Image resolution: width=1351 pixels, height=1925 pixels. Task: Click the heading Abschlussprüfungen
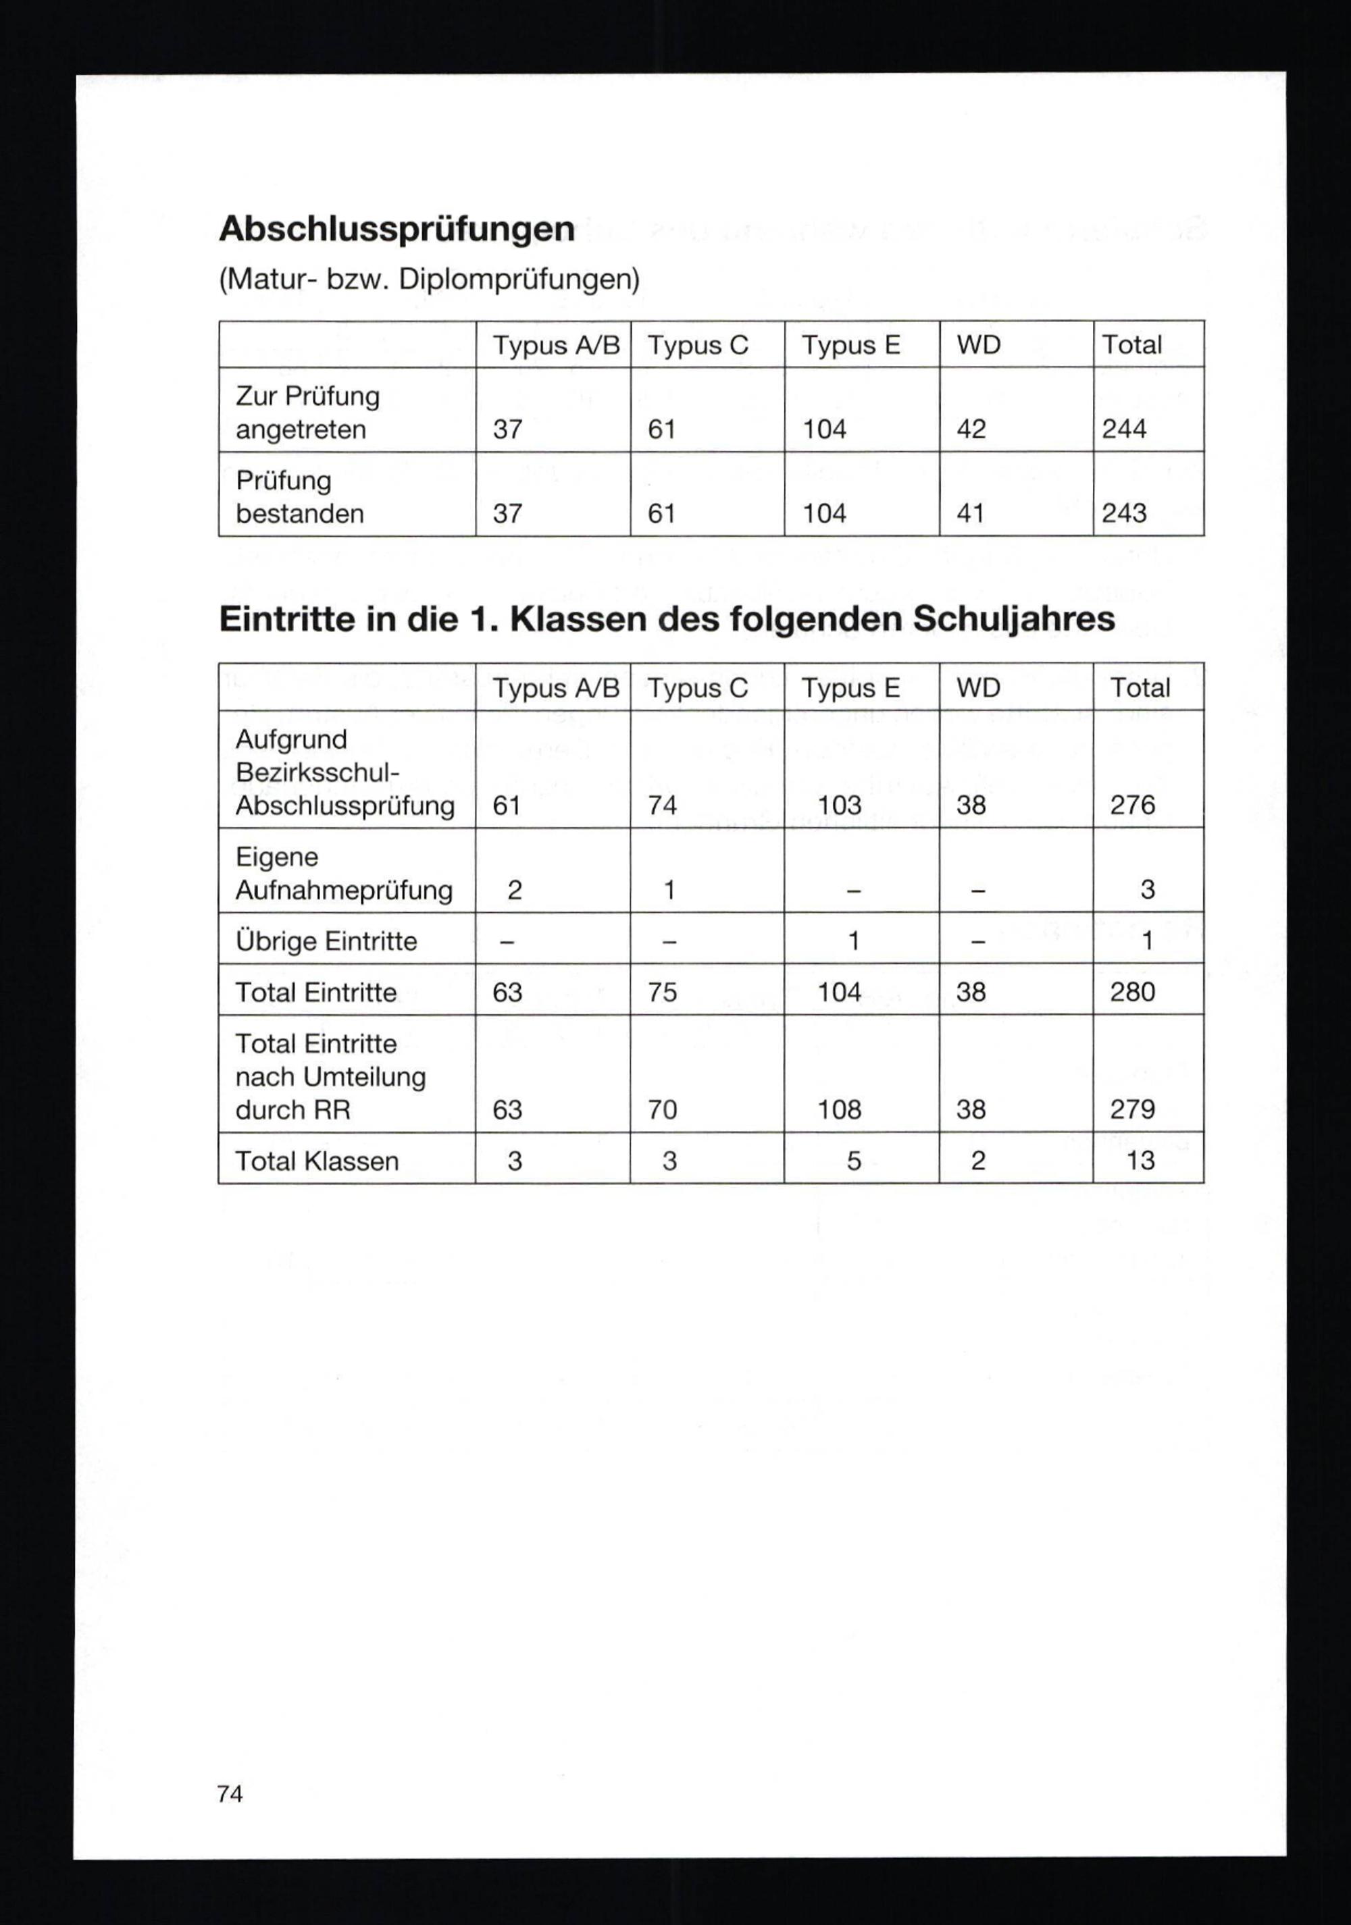[x=397, y=229]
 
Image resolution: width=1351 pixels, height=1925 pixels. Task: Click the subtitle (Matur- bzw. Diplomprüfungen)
[x=428, y=279]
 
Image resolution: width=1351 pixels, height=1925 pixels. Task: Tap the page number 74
[x=230, y=1793]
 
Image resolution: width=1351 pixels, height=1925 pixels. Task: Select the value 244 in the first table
[x=1124, y=429]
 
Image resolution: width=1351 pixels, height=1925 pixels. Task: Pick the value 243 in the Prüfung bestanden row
[x=1124, y=513]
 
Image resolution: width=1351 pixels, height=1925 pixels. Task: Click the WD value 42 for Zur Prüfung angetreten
[x=971, y=429]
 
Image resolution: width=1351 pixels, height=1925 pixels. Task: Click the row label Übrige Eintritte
[x=326, y=941]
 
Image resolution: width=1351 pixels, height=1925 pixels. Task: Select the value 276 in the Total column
[x=1132, y=806]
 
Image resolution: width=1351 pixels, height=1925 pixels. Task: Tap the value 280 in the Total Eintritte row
[x=1132, y=993]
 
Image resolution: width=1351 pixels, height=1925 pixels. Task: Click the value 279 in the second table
[x=1132, y=1110]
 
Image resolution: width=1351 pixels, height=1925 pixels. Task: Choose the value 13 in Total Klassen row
[x=1140, y=1161]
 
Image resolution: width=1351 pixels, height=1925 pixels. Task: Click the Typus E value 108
[x=840, y=1110]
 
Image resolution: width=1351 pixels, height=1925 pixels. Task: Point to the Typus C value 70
[x=662, y=1110]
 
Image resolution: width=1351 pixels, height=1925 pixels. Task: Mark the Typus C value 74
[x=662, y=806]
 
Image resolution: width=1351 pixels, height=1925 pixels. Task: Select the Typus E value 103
[x=840, y=806]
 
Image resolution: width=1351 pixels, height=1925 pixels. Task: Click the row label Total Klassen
[x=317, y=1161]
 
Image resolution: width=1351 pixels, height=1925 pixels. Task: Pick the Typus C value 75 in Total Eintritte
[x=662, y=993]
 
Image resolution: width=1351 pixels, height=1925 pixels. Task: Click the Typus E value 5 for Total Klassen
[x=854, y=1161]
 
